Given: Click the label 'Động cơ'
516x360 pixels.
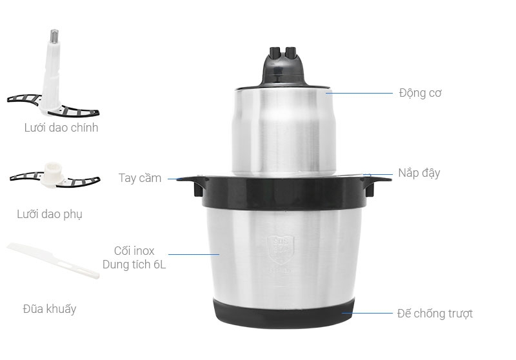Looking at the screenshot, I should pyautogui.click(x=420, y=94).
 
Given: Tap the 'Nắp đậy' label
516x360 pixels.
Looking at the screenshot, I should pyautogui.click(x=419, y=173).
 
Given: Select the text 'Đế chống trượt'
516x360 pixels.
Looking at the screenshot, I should pyautogui.click(x=434, y=314).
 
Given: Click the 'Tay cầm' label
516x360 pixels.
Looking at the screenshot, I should pyautogui.click(x=140, y=178).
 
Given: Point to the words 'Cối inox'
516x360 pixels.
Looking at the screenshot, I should pyautogui.click(x=134, y=251).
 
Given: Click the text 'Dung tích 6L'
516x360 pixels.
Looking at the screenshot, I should pyautogui.click(x=134, y=265).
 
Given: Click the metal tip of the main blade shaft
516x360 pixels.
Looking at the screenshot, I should pyautogui.click(x=54, y=35).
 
